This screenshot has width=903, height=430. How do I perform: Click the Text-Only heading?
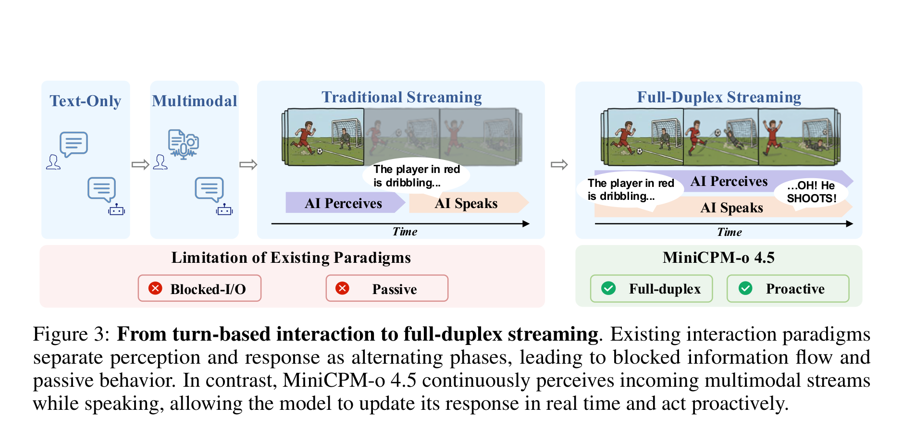click(85, 101)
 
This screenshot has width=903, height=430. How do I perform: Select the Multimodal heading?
click(195, 101)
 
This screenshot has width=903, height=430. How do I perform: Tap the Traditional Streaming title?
click(402, 97)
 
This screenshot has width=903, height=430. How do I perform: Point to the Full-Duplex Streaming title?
click(719, 97)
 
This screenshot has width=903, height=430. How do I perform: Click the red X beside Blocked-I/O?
click(155, 288)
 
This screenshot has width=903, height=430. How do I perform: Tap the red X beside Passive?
click(342, 288)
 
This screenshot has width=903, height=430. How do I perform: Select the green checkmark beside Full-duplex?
click(608, 288)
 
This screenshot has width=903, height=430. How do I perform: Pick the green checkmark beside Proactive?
click(745, 288)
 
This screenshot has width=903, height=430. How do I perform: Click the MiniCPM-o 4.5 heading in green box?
click(718, 258)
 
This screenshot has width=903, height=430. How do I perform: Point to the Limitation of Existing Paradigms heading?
click(291, 258)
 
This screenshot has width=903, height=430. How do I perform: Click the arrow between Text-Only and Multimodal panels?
click(140, 165)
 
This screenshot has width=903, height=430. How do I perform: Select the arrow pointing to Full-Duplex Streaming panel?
click(559, 165)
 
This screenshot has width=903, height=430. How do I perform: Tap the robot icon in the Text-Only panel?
click(116, 210)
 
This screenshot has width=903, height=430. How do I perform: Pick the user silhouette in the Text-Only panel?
click(53, 162)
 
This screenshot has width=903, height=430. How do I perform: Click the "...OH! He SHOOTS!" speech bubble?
click(811, 192)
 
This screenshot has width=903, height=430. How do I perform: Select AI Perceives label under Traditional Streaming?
click(343, 203)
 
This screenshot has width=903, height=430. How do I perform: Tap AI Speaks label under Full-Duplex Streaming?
click(731, 208)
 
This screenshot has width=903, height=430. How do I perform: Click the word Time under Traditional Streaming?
click(405, 232)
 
